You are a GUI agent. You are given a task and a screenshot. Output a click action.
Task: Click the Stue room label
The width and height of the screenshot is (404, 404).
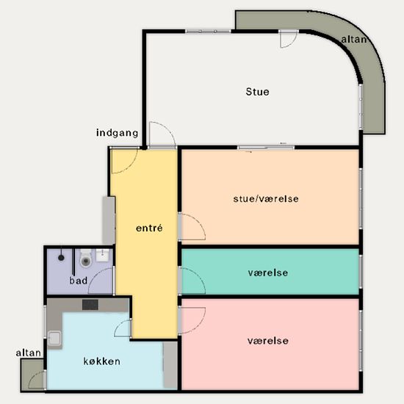click(x=257, y=92)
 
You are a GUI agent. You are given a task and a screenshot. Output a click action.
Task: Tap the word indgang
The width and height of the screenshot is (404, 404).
click(x=118, y=133)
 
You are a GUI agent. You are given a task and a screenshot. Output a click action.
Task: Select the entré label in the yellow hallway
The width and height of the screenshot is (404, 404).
click(x=149, y=228)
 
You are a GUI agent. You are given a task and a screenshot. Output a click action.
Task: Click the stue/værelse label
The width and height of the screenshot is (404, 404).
click(x=266, y=198)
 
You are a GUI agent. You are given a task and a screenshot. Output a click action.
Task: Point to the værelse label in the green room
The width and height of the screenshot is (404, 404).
click(x=268, y=273)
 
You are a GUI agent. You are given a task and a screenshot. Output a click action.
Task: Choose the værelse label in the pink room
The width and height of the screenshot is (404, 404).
click(x=268, y=341)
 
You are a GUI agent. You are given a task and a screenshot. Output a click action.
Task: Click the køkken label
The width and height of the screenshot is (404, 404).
click(x=102, y=361)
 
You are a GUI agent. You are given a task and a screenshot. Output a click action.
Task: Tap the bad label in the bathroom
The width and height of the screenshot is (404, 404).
click(x=79, y=281)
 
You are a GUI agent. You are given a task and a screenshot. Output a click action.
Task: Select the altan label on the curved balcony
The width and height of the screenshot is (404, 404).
click(x=354, y=40)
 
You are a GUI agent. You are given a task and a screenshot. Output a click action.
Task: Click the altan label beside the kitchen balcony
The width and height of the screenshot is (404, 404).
click(x=29, y=353)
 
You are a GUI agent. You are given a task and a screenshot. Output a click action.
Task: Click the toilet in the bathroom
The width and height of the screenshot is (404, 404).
click(x=86, y=258)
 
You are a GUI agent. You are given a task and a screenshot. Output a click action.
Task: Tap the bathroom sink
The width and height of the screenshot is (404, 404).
click(x=103, y=255)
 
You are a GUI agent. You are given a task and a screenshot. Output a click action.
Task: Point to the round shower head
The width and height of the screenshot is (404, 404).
click(x=61, y=257)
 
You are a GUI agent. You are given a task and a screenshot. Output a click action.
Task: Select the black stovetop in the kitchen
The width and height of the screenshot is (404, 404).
click(x=90, y=305)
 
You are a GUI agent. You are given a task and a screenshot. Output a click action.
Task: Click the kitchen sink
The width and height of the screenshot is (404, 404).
click(x=54, y=338)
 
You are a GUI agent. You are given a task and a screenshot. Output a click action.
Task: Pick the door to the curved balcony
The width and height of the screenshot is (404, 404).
click(x=289, y=39)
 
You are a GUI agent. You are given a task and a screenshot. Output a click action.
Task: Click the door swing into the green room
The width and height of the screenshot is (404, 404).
click(x=193, y=281)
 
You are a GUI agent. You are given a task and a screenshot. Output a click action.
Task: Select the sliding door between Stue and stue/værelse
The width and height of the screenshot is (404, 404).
click(x=266, y=148)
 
